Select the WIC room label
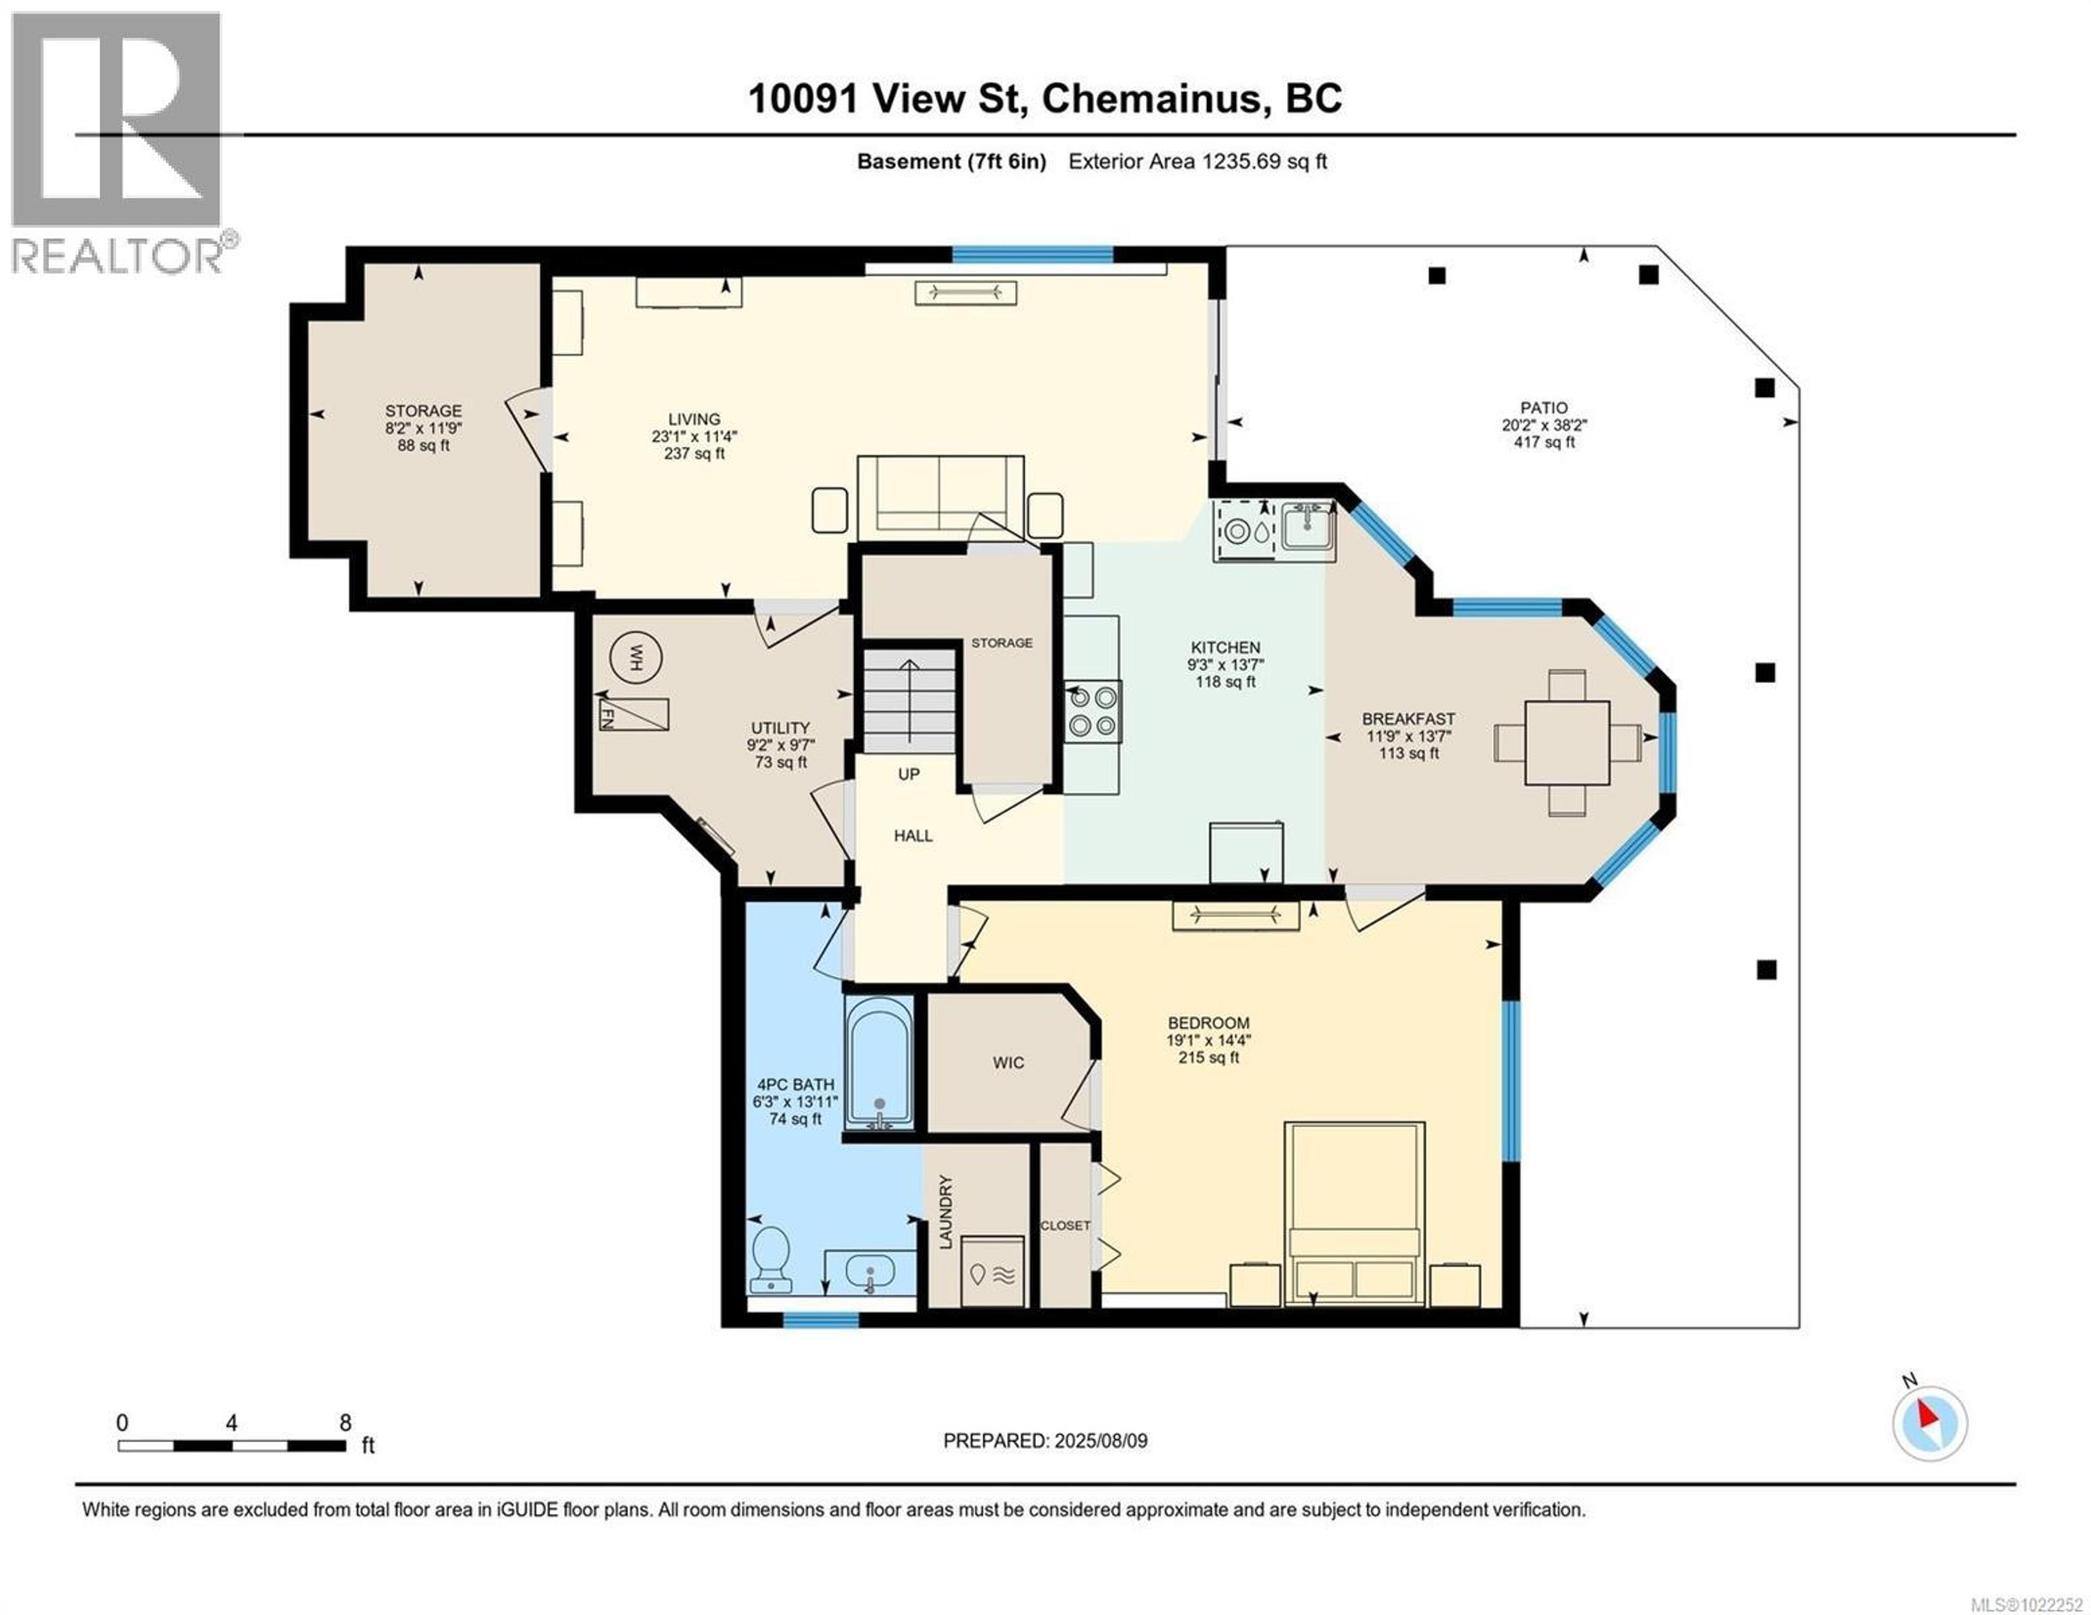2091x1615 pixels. pos(1008,1063)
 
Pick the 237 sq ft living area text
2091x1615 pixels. pos(694,454)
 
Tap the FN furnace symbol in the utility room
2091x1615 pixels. pos(633,714)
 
